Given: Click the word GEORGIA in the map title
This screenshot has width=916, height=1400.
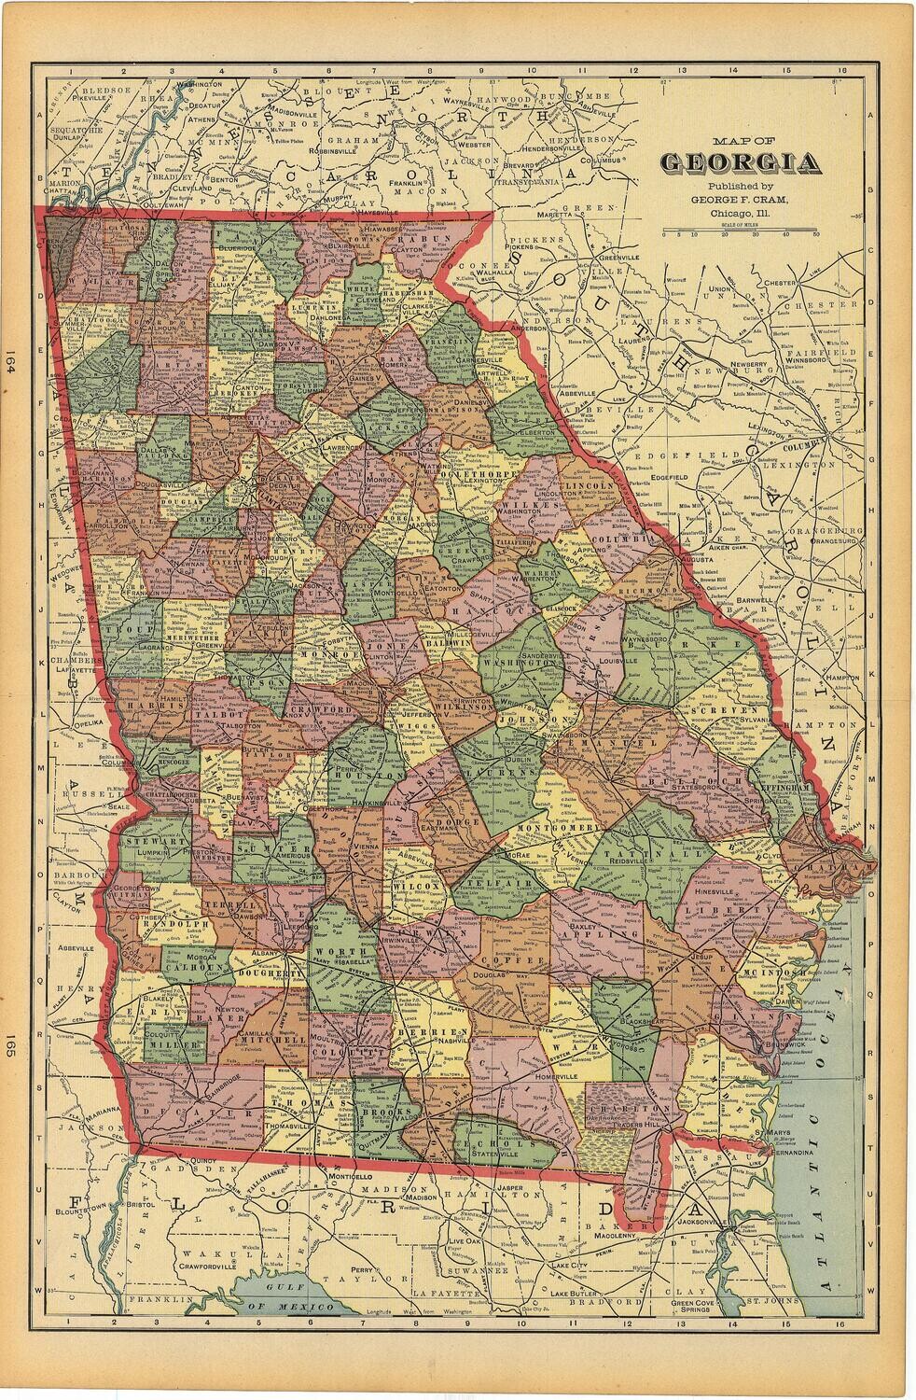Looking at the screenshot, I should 741,164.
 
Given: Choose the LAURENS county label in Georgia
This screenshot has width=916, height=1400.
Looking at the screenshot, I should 482,774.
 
